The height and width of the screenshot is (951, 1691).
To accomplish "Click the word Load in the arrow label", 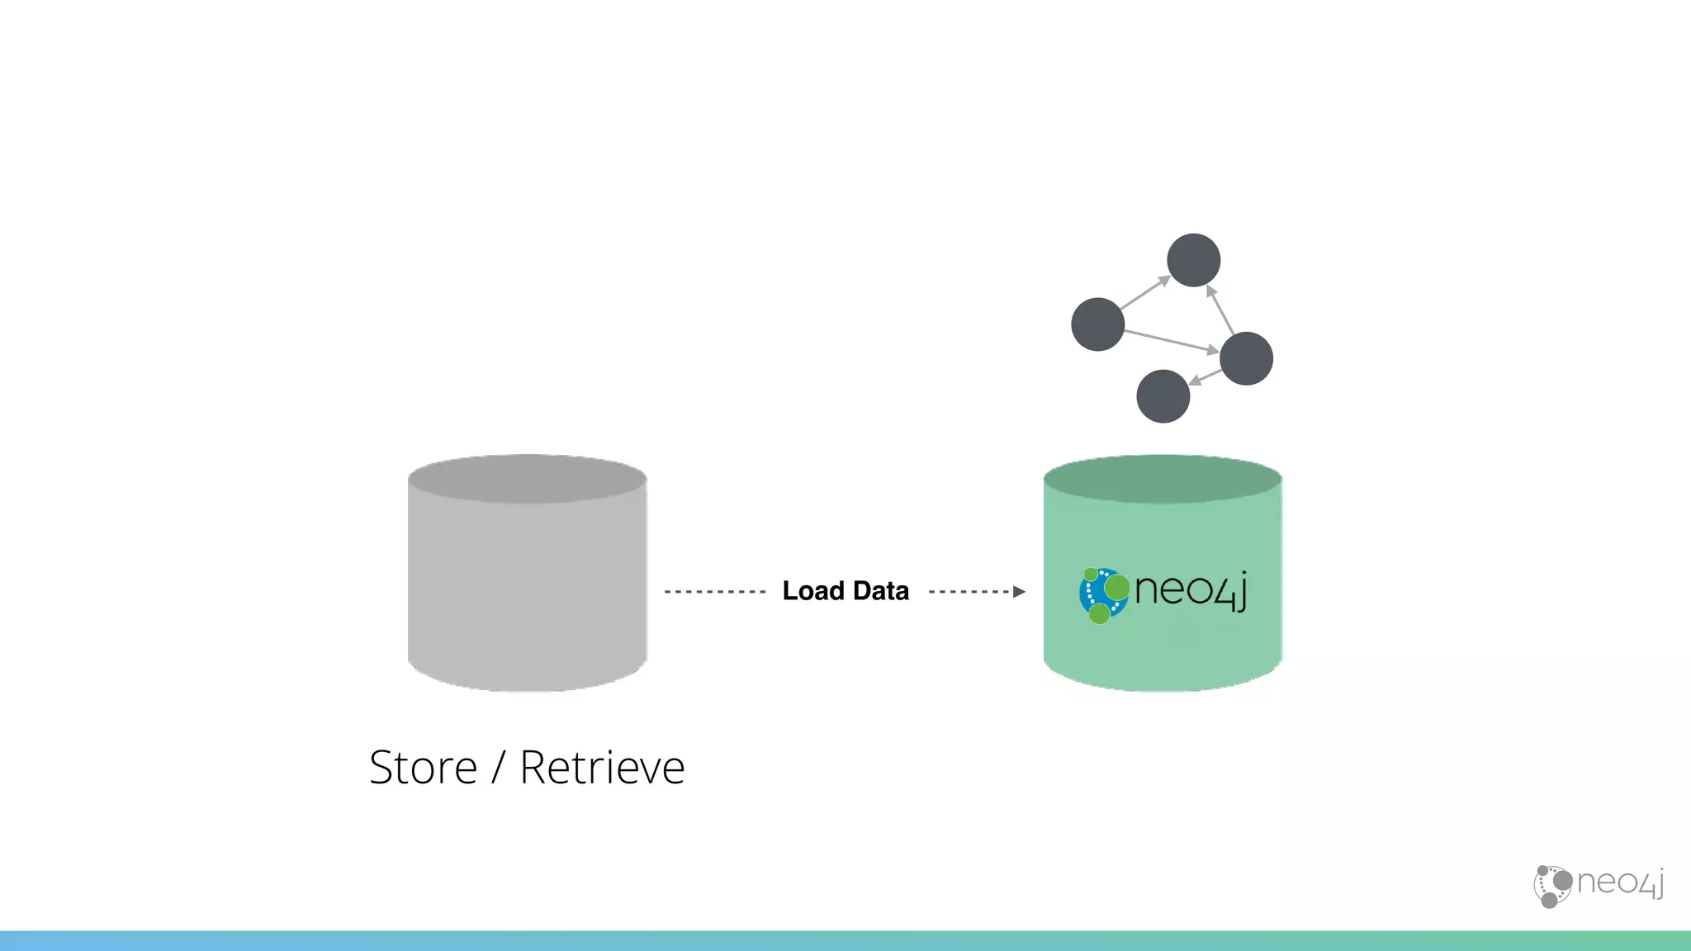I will [812, 591].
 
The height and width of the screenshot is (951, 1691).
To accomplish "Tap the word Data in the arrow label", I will [880, 591].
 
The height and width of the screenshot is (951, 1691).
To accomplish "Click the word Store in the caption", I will [423, 768].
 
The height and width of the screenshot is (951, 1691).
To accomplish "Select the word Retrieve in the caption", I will [602, 768].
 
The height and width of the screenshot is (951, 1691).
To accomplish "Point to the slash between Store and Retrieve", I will [498, 768].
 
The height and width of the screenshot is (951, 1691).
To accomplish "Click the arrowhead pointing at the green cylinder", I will [1019, 592].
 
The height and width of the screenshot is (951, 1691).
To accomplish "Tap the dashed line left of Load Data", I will [715, 592].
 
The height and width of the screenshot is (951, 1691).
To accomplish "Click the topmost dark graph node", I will [1193, 260].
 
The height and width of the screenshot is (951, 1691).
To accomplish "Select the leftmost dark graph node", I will [1097, 324].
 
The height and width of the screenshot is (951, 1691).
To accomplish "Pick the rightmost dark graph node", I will [1246, 358].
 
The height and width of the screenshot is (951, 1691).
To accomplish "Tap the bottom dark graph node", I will [1163, 396].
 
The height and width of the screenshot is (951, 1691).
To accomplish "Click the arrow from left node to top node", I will [1144, 293].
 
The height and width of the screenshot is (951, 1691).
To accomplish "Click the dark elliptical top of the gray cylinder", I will [527, 479].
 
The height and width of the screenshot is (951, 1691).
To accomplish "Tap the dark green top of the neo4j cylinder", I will [1162, 479].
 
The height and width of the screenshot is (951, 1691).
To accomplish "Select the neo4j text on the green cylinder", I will [1190, 591].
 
